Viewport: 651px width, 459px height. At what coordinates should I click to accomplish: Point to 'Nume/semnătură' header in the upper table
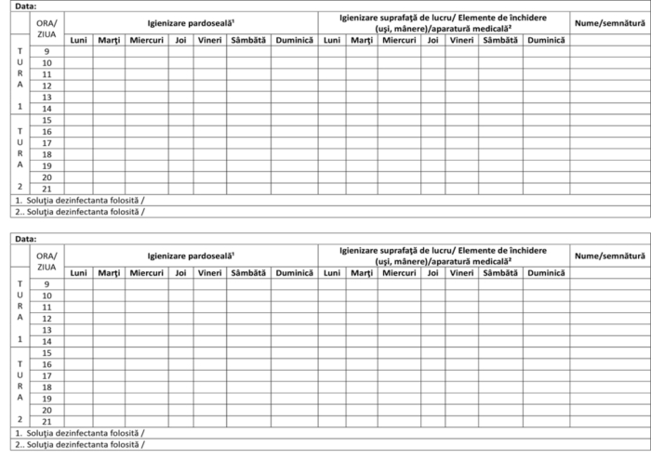click(609, 20)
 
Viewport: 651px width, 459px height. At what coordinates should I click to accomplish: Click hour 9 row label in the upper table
click(46, 51)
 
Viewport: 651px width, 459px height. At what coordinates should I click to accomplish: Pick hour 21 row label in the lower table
click(46, 420)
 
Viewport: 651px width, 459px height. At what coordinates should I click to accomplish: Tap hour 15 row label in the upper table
click(46, 120)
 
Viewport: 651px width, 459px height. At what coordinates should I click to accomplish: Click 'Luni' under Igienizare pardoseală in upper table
click(79, 40)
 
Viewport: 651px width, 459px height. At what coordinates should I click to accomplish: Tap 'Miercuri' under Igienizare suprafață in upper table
click(399, 40)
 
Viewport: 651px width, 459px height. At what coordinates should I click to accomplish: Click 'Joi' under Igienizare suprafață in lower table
click(432, 273)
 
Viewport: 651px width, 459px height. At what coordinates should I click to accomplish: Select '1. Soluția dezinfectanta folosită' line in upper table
click(80, 200)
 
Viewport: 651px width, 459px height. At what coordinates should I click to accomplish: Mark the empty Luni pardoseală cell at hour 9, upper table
click(79, 51)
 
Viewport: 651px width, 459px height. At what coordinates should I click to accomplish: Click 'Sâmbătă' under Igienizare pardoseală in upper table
click(248, 40)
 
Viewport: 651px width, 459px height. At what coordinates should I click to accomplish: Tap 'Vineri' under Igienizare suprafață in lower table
click(461, 273)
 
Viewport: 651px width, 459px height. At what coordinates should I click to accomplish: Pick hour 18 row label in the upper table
click(46, 154)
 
